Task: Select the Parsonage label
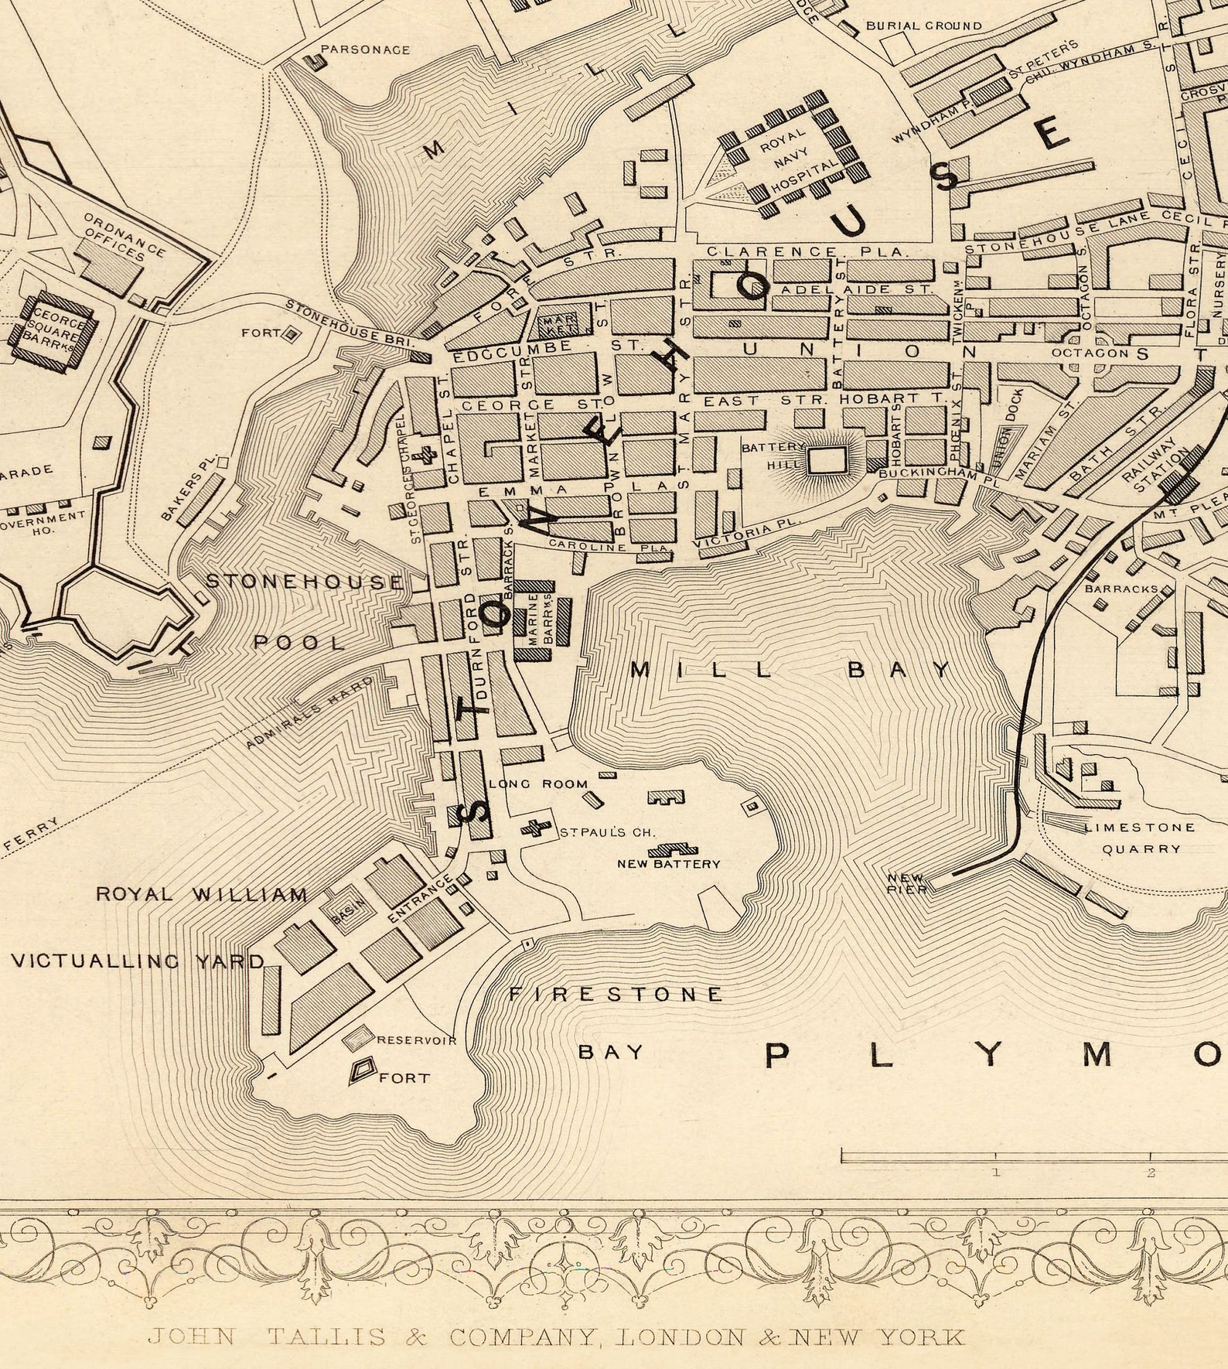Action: tap(365, 50)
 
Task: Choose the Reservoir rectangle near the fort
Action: tap(358, 1038)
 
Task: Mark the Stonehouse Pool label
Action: tap(303, 611)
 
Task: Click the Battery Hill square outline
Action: tap(827, 462)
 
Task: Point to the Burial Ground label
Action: tap(923, 26)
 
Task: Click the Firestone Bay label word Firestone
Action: tap(616, 994)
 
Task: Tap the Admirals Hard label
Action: tap(309, 712)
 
